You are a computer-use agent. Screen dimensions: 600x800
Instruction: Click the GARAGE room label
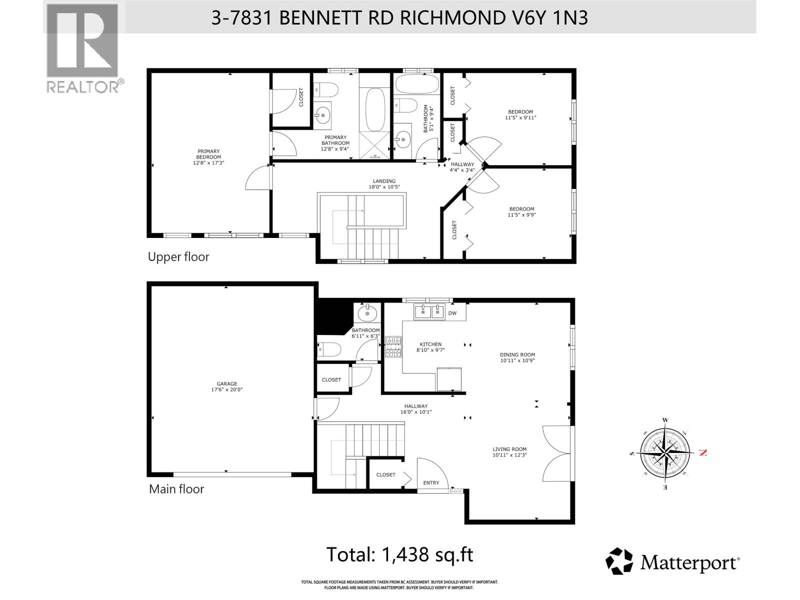pos(226,384)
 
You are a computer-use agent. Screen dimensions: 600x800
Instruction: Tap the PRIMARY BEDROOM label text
pos(208,154)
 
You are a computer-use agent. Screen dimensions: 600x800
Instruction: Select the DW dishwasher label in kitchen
pos(452,313)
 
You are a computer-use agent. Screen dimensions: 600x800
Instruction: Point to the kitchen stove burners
pos(393,347)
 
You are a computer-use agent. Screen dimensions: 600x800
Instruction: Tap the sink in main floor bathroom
pos(367,313)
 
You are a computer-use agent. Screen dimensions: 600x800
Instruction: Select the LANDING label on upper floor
pos(384,181)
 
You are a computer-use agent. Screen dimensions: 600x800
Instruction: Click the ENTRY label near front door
pos(431,482)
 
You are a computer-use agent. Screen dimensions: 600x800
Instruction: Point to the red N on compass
pos(703,452)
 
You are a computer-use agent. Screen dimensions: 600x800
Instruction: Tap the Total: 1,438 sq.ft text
pos(399,554)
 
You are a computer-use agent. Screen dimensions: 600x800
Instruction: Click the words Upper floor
pos(178,257)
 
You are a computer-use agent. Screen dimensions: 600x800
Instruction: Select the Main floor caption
pos(176,489)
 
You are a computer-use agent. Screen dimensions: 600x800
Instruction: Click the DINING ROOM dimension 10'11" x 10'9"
pos(517,360)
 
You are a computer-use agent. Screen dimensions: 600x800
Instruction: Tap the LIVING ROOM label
pos(509,449)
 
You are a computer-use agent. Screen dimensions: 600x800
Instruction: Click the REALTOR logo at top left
pos(83,48)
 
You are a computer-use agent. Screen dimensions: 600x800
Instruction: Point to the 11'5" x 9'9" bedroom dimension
pos(521,215)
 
